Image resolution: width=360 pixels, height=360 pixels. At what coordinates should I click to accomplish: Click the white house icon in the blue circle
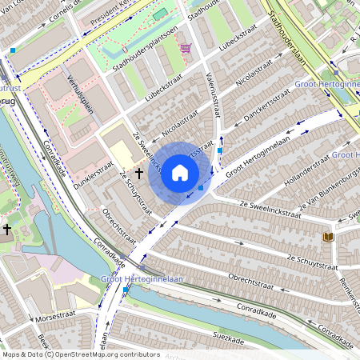click(180, 173)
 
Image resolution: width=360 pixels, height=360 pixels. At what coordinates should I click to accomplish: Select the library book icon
click(327, 237)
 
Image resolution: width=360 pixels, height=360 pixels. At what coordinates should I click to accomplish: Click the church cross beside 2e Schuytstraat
click(139, 172)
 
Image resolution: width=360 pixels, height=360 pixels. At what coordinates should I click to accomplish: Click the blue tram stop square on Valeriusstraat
click(219, 150)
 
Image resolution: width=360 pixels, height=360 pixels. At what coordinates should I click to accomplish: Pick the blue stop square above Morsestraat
click(126, 293)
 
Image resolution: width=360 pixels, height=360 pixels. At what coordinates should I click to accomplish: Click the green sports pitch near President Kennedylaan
click(161, 14)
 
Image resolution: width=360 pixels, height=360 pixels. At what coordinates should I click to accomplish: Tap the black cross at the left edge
click(7, 229)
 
